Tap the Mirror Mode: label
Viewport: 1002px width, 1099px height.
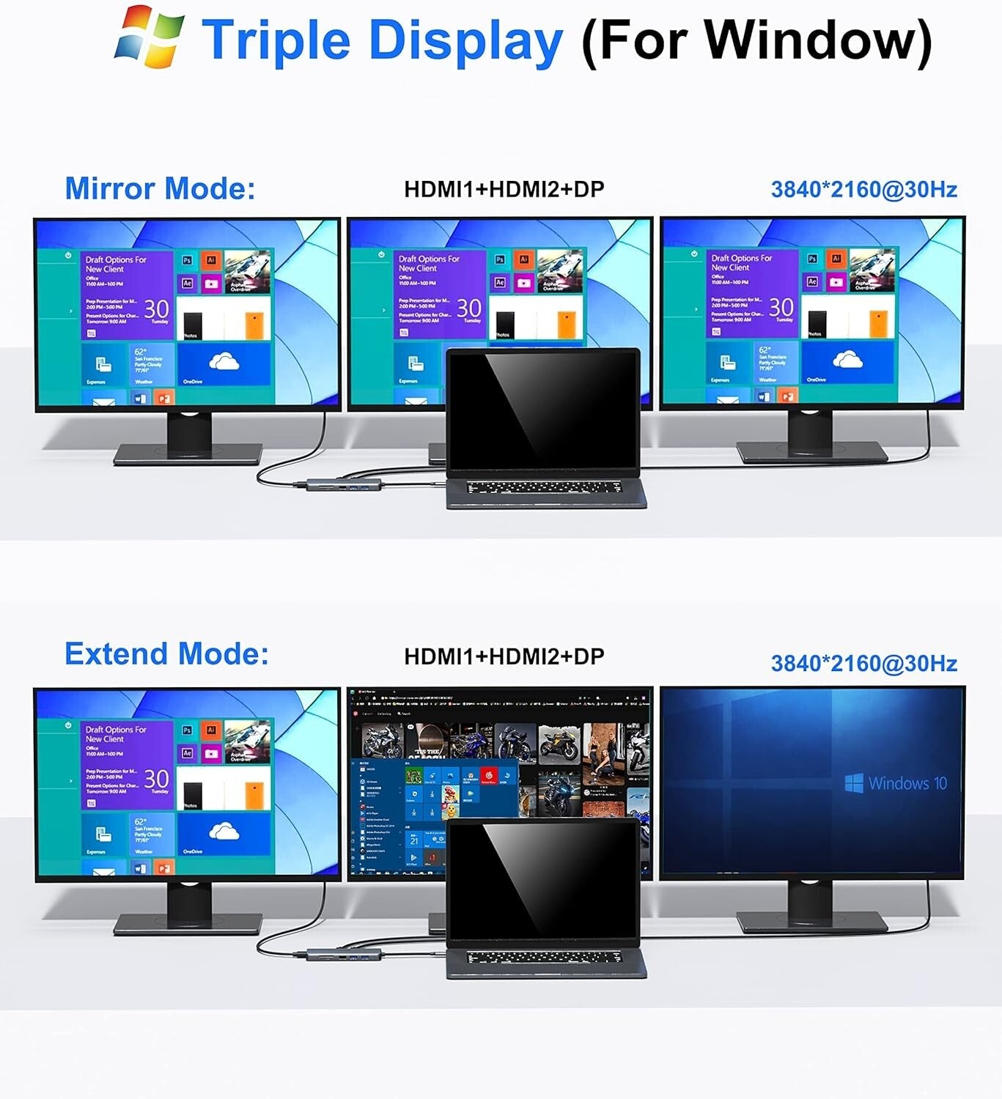point(160,188)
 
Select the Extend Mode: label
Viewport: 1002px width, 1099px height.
point(166,654)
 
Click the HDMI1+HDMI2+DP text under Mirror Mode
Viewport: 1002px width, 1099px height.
point(504,189)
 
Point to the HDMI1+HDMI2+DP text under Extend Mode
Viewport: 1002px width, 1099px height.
point(504,656)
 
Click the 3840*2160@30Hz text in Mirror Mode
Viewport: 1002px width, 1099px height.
point(863,190)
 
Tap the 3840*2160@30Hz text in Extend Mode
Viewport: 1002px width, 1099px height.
point(863,664)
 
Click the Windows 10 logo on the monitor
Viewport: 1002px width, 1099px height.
point(896,783)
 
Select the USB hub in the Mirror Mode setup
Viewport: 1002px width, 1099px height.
point(345,484)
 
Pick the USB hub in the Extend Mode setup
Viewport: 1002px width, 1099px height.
point(345,955)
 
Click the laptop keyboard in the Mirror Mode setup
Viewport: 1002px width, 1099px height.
point(544,487)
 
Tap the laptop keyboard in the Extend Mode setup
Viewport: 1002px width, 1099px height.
point(544,957)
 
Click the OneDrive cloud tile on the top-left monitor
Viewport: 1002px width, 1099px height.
point(224,363)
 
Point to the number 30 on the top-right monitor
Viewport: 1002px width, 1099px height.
point(781,307)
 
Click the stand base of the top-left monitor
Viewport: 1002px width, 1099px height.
point(188,454)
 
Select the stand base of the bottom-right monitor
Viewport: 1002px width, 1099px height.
point(811,921)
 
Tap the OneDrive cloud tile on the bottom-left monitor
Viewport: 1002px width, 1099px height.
point(224,832)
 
